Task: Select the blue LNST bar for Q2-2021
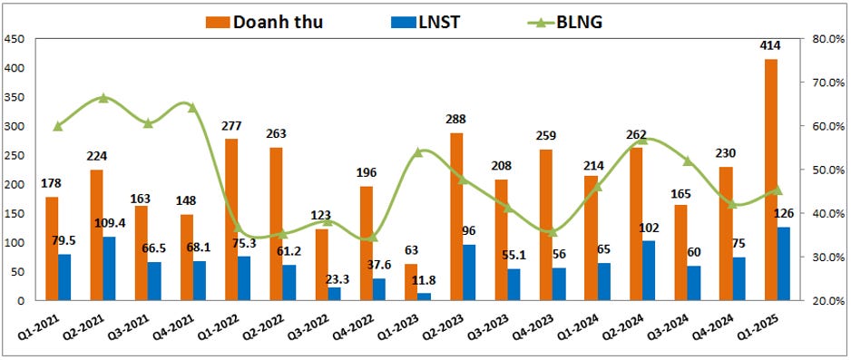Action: tap(110, 268)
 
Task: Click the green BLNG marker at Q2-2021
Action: tap(104, 98)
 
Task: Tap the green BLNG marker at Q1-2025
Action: tap(778, 190)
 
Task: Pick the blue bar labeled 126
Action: tap(784, 264)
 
